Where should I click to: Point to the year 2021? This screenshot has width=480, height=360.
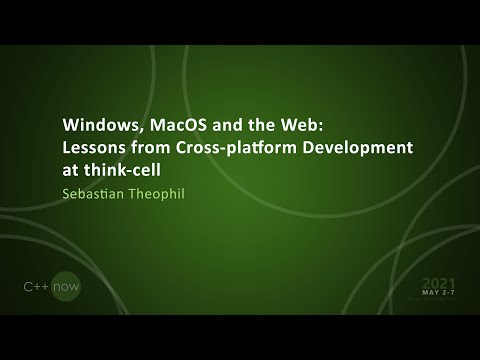click(438, 283)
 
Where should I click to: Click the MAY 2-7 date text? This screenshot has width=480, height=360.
click(438, 296)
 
